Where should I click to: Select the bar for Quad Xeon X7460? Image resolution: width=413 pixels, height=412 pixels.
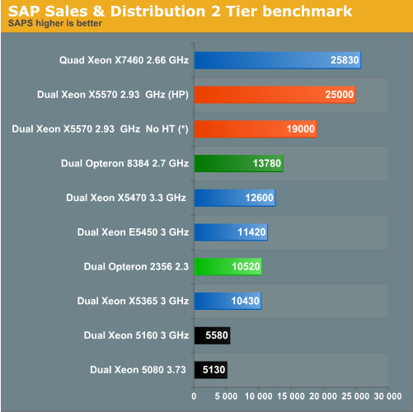(x=277, y=60)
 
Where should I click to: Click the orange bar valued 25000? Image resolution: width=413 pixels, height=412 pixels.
(x=275, y=95)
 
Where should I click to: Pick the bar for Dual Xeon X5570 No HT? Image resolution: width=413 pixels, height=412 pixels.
(x=255, y=129)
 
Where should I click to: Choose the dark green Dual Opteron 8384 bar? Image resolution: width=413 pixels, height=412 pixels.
(x=238, y=163)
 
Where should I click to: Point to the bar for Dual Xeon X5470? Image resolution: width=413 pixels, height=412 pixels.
(x=234, y=198)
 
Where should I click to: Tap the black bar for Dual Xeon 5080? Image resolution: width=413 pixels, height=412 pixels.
(x=210, y=369)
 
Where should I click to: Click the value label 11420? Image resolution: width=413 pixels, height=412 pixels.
(x=251, y=232)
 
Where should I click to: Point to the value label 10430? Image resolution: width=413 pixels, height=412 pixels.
(x=246, y=301)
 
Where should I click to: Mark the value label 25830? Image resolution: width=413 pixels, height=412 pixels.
(x=344, y=60)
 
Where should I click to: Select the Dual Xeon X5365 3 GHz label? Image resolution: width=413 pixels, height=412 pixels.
(x=133, y=301)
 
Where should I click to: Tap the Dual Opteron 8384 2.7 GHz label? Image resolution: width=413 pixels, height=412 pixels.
(x=124, y=163)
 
